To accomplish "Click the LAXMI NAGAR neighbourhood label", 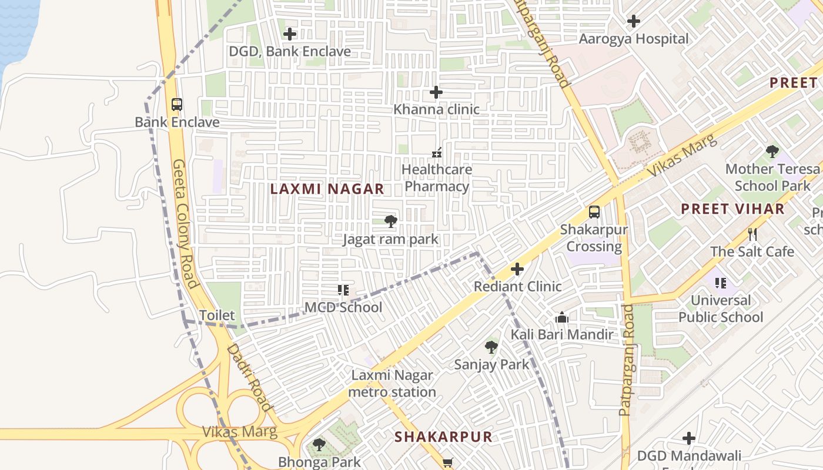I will (327, 189).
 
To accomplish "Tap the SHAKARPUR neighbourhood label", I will (443, 437).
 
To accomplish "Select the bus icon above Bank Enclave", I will (177, 105).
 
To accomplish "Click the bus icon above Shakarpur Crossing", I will (594, 212).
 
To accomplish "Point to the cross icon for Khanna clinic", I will (436, 92).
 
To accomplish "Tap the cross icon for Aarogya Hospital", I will (633, 22).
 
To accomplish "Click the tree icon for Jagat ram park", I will (390, 221).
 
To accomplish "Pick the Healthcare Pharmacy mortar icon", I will (436, 153).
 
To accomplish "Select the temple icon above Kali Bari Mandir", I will (561, 318).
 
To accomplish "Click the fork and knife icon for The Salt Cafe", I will (752, 234).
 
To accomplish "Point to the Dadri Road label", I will (250, 377).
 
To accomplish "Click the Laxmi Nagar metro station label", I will (392, 384).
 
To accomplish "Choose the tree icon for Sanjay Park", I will (491, 347).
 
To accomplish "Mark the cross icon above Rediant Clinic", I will (517, 269).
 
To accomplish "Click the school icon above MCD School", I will (343, 290).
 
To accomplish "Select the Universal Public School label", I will (721, 309).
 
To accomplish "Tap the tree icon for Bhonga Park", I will (319, 445).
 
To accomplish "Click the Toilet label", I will (217, 315).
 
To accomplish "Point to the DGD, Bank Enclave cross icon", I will (290, 34).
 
